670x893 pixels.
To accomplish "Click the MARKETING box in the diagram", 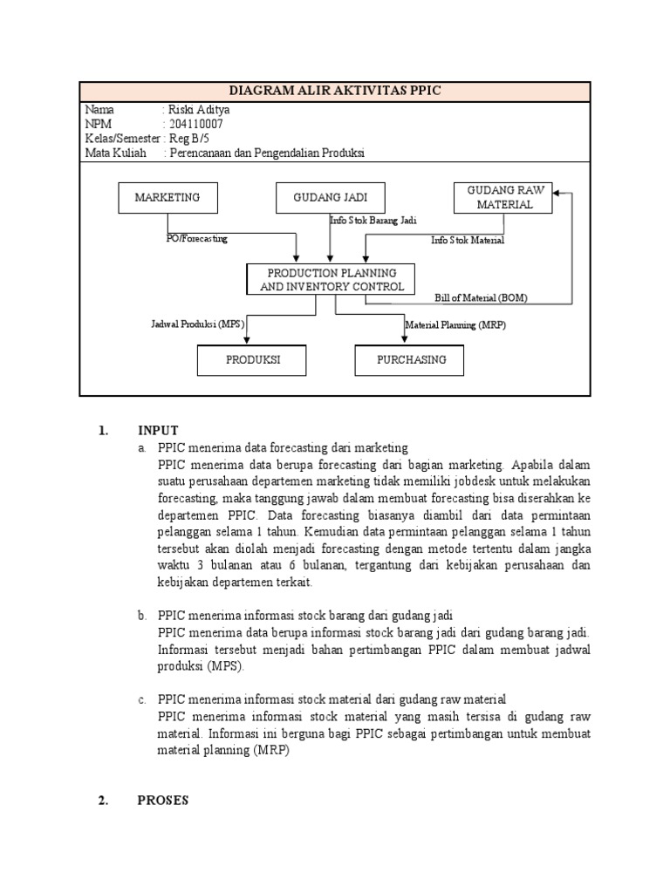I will pyautogui.click(x=167, y=198).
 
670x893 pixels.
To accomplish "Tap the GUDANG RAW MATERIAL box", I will pyautogui.click(x=504, y=198).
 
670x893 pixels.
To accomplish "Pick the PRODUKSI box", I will pyautogui.click(x=253, y=359).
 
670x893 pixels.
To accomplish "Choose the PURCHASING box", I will pyautogui.click(x=410, y=359).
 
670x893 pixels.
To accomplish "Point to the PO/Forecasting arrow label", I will pyautogui.click(x=196, y=238).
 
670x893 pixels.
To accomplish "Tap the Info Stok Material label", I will pyautogui.click(x=467, y=240).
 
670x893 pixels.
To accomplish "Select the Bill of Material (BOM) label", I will pyautogui.click(x=481, y=297).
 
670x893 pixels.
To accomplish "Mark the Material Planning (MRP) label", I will pyautogui.click(x=455, y=324).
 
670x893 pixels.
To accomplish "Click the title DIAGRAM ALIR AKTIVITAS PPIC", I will pyautogui.click(x=335, y=91).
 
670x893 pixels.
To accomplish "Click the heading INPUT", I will pyautogui.click(x=157, y=430).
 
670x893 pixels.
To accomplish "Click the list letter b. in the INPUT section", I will pyautogui.click(x=141, y=616).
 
